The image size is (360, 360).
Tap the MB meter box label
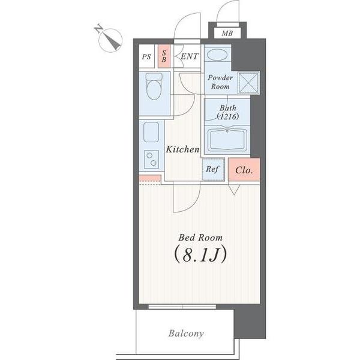(x=227, y=34)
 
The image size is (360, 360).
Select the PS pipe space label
(x=146, y=57)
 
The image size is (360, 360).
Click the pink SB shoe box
(x=164, y=56)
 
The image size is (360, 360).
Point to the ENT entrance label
(x=189, y=56)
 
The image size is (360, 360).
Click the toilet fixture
(x=154, y=86)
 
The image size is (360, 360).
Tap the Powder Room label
(x=220, y=82)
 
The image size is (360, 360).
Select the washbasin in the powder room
(x=217, y=55)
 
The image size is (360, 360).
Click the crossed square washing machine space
(x=248, y=83)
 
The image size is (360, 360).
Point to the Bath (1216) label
(x=228, y=112)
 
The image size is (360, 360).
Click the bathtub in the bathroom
(x=227, y=139)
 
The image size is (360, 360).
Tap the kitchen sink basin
(x=151, y=132)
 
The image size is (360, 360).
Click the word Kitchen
(x=183, y=149)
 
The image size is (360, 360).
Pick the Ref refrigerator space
(x=214, y=169)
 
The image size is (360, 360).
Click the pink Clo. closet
(x=244, y=169)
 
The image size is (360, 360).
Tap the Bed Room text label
(x=200, y=238)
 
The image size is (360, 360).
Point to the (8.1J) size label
(x=200, y=254)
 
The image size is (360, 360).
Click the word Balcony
(x=186, y=334)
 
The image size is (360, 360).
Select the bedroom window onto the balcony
(x=182, y=307)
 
